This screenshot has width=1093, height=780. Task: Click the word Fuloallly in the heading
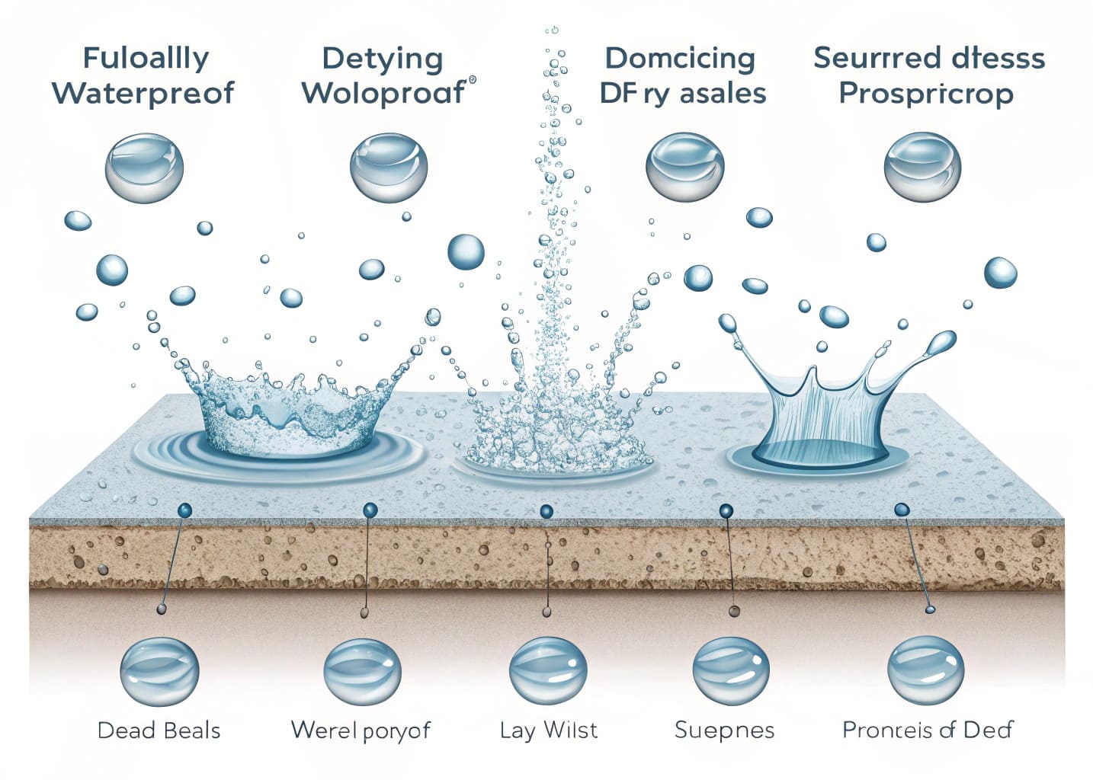(x=146, y=59)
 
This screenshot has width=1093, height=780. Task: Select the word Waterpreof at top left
(x=143, y=94)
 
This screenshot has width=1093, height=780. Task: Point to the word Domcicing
(x=679, y=59)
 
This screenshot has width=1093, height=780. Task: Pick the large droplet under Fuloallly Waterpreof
(x=144, y=168)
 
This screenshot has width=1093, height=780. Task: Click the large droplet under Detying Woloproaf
(x=389, y=168)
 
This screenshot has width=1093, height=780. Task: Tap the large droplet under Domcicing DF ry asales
(x=684, y=168)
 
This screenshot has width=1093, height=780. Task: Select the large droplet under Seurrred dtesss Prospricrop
(x=922, y=168)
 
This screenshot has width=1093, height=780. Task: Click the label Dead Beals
(x=159, y=730)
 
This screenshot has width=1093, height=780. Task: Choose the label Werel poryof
(x=361, y=730)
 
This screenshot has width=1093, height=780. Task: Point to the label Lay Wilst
(x=549, y=730)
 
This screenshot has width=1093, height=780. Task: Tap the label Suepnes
(x=724, y=730)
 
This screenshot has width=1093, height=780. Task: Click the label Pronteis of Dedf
(x=927, y=730)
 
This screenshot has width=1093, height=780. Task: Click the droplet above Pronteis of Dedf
(x=925, y=670)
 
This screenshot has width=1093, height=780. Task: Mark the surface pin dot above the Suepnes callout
(x=726, y=510)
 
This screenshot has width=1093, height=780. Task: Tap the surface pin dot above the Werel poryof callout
(x=370, y=510)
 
